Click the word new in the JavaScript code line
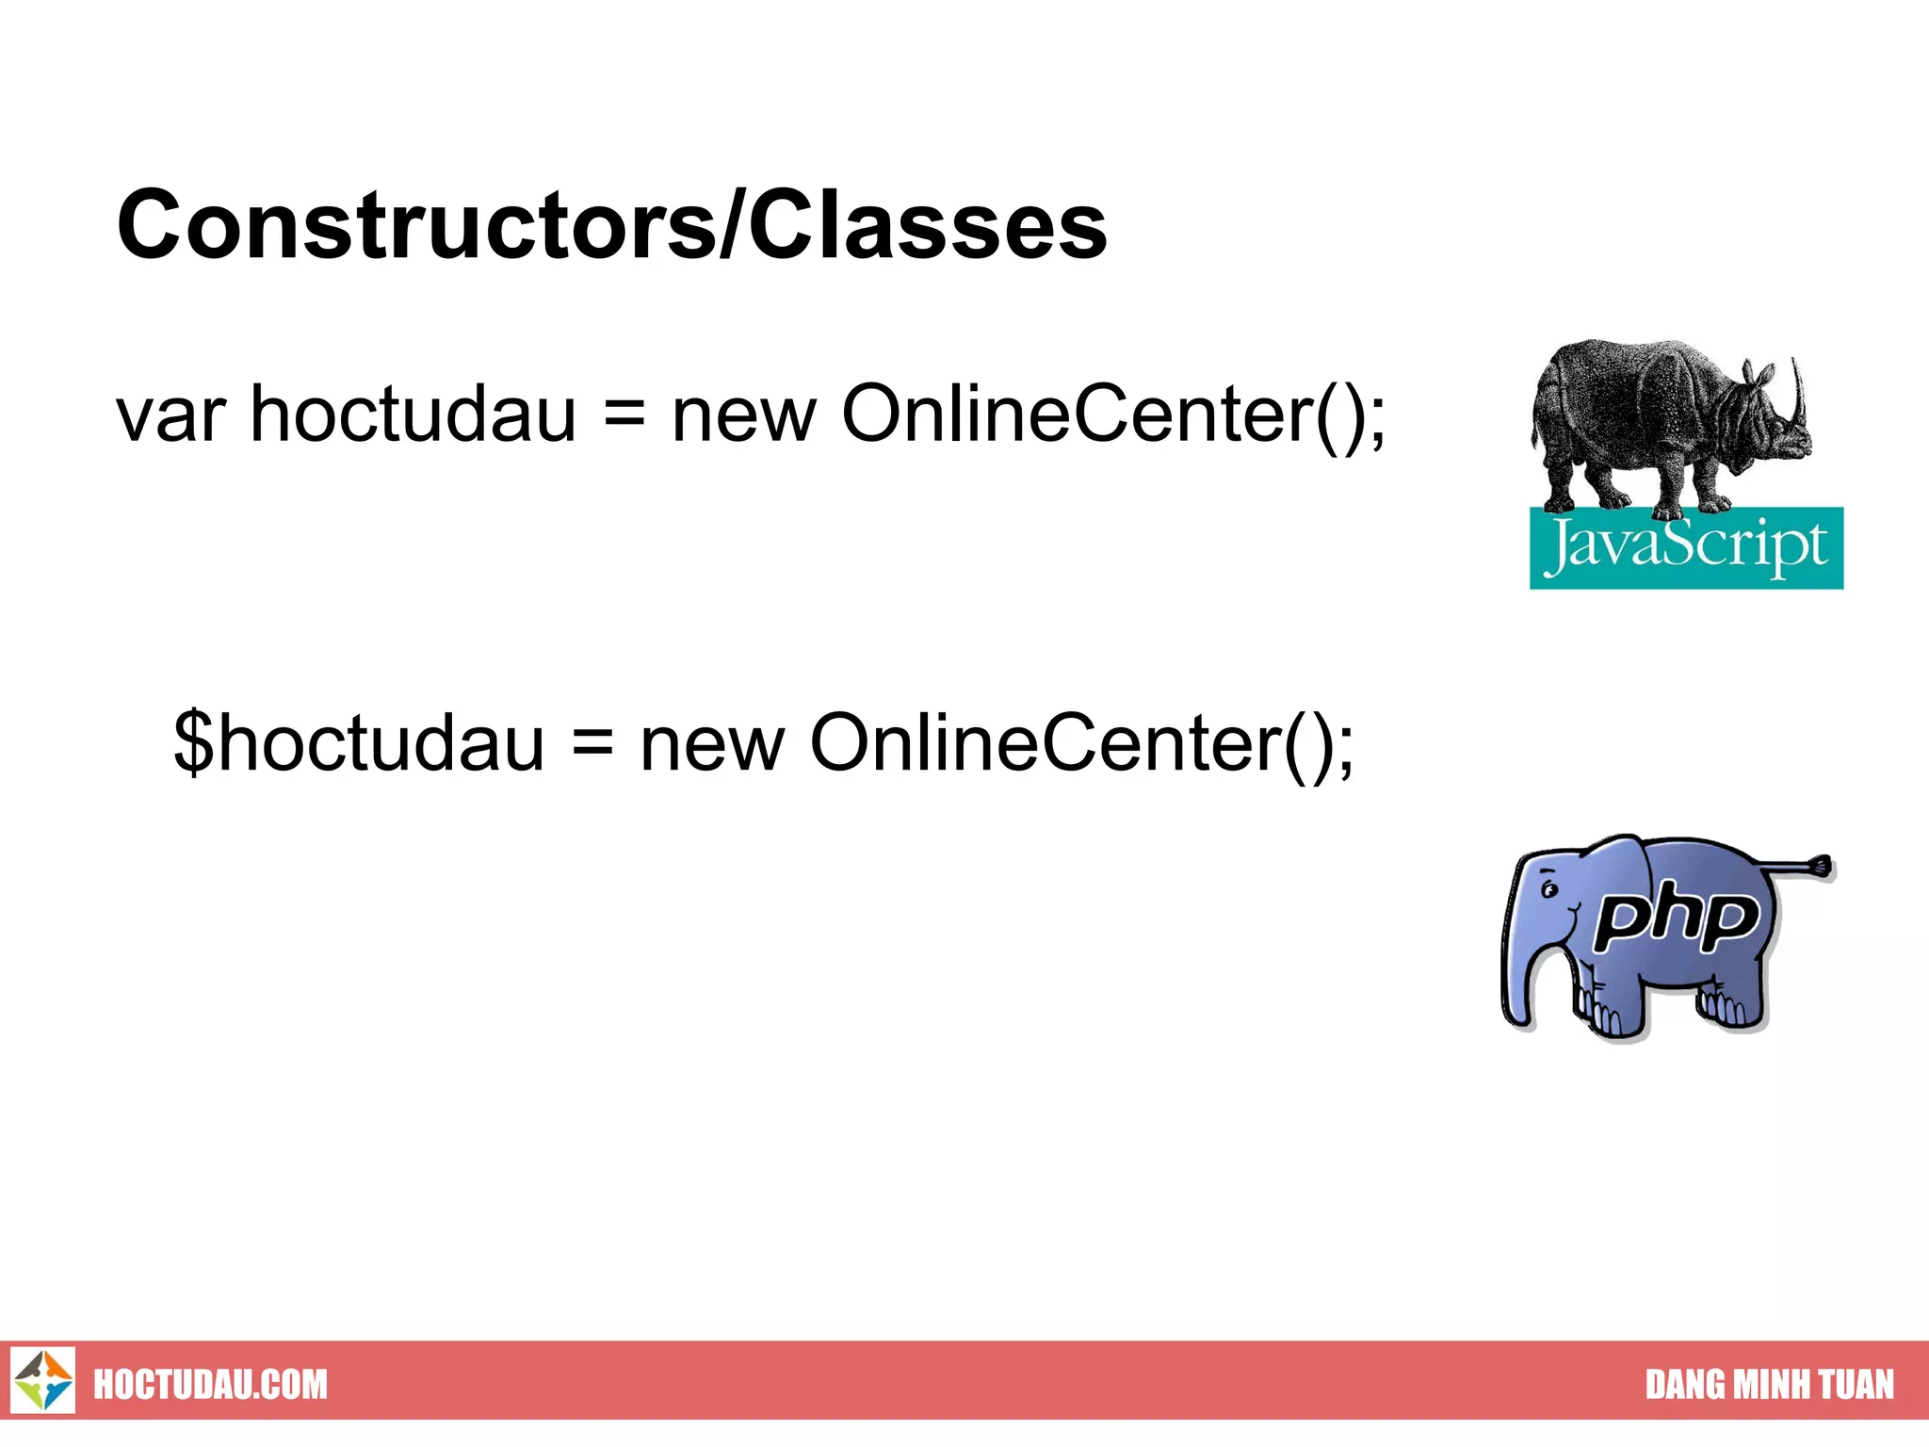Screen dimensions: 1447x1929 [x=744, y=416]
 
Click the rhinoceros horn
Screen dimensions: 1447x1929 [x=1799, y=396]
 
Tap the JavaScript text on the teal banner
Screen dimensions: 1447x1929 [x=1686, y=546]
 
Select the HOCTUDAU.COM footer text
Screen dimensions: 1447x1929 [x=210, y=1385]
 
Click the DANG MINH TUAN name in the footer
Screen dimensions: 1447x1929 [x=1769, y=1385]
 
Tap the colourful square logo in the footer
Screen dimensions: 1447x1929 [x=43, y=1380]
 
